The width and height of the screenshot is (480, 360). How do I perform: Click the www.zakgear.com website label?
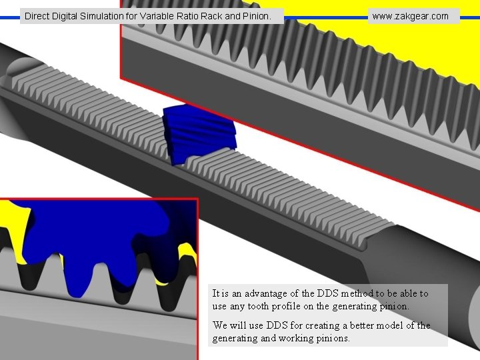coord(410,16)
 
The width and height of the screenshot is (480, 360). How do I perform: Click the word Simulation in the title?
coord(103,15)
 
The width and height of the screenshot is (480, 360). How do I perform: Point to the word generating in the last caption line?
coord(235,338)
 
